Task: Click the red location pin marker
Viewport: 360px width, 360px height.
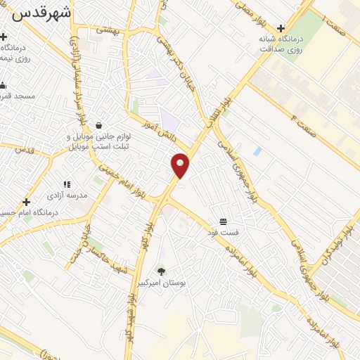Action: [181, 165]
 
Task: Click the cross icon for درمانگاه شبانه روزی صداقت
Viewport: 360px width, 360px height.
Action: [281, 29]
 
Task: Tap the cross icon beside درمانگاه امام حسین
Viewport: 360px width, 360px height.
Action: [26, 202]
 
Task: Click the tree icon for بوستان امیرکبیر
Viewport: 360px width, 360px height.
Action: [162, 271]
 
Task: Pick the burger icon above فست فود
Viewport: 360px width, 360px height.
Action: [223, 222]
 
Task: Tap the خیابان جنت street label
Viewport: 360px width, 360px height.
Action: [81, 243]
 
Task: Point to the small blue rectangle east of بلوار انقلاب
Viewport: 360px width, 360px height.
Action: [257, 151]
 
